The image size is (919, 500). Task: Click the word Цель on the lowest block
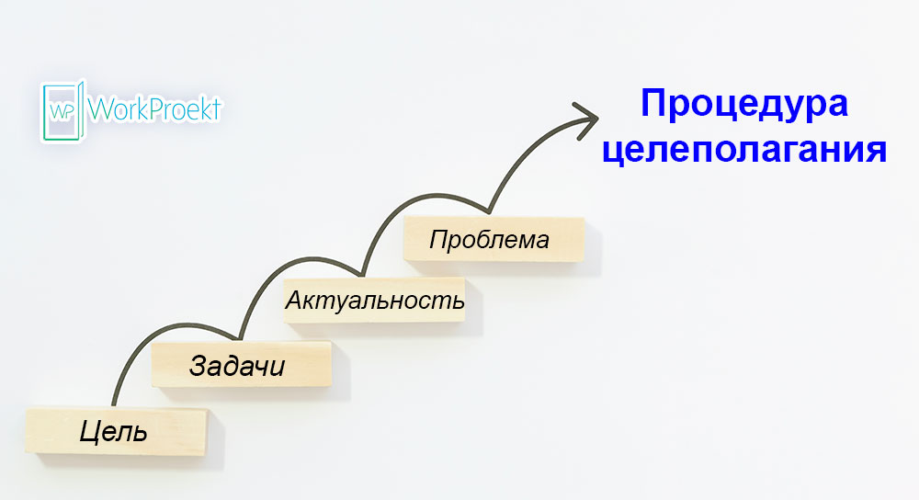pos(113,431)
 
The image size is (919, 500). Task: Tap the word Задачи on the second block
pos(237,366)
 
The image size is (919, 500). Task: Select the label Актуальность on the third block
pos(375,301)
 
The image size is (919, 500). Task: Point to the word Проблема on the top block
pos(489,241)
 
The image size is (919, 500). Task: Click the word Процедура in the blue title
pos(744,103)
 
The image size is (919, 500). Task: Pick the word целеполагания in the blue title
pos(744,149)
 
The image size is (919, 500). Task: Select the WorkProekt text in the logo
pos(154,110)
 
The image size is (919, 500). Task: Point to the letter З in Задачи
pos(199,366)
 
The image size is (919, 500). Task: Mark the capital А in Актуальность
pos(293,301)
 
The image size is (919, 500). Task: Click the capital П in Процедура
pos(654,103)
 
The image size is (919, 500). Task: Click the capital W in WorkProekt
pos(100,110)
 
